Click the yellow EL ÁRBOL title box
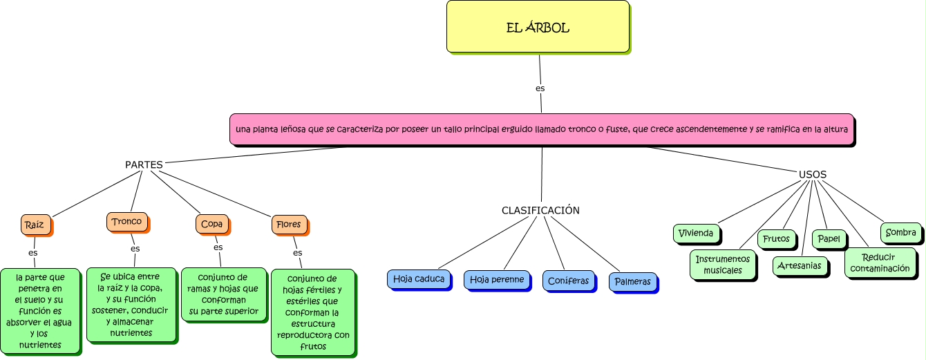click(x=538, y=27)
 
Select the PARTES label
click(x=144, y=165)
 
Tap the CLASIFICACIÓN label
click(x=540, y=210)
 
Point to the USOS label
click(x=813, y=174)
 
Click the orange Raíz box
click(x=35, y=225)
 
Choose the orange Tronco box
click(x=126, y=222)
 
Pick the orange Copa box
click(x=211, y=224)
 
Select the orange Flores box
click(x=288, y=225)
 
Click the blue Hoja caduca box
click(x=419, y=278)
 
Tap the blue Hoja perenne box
click(x=496, y=279)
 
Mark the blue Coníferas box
click(x=568, y=281)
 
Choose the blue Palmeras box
click(x=632, y=282)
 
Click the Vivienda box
click(x=696, y=233)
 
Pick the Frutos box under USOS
click(x=776, y=239)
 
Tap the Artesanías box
click(x=799, y=265)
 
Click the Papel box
click(x=829, y=239)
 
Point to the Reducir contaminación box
click(x=880, y=263)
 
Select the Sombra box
click(x=900, y=233)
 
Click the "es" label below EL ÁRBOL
click(x=540, y=88)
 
